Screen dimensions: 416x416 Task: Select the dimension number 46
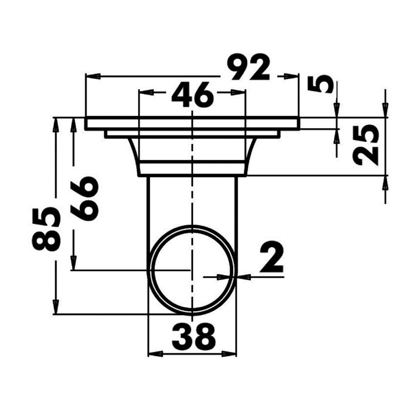click(x=192, y=95)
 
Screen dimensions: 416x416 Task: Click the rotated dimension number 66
click(x=85, y=199)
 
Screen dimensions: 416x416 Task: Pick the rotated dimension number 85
click(x=46, y=229)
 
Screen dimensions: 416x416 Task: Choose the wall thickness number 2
click(x=272, y=257)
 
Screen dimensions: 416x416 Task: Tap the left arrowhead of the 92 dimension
click(x=93, y=76)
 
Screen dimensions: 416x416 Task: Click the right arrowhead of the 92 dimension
click(x=291, y=76)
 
